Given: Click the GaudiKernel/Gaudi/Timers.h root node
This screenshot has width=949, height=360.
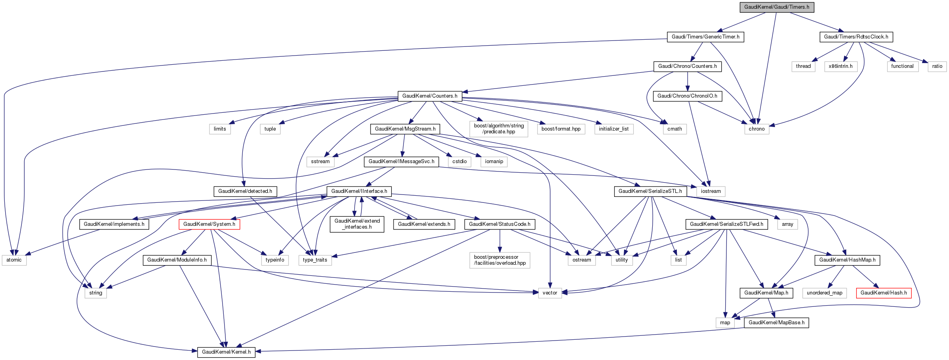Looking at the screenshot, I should (x=776, y=7).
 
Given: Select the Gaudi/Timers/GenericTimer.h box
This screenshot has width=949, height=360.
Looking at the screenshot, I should (x=705, y=37).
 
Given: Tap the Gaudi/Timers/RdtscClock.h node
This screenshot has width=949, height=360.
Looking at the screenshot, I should (x=856, y=37).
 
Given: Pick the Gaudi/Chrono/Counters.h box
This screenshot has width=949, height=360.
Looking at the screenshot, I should (x=687, y=66).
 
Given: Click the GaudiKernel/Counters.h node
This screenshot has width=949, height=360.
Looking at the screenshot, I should (x=430, y=96).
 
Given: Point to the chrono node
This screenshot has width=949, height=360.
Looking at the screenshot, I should (x=756, y=129).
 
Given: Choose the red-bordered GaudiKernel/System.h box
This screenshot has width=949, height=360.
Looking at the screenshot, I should (x=209, y=224).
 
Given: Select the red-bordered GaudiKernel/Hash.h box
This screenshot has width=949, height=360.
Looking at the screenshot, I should (x=884, y=293).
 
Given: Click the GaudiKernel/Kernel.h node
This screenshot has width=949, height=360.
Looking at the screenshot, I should (x=226, y=352).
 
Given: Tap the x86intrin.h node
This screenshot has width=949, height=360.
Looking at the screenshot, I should (x=840, y=66).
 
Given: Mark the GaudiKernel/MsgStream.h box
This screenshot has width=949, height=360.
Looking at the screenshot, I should (x=405, y=129).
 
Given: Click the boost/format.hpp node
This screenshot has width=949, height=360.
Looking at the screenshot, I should (x=561, y=129).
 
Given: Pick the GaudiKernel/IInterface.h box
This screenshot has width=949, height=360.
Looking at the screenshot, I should (x=359, y=191).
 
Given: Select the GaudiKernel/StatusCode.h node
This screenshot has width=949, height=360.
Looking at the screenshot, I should (x=499, y=224).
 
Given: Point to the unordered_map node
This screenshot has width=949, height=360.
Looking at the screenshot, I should (x=824, y=293).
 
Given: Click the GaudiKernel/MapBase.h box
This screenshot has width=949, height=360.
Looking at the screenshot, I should (x=776, y=323).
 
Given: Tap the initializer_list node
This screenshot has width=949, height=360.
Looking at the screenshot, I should (x=613, y=129).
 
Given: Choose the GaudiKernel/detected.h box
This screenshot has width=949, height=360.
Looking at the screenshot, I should (x=245, y=191).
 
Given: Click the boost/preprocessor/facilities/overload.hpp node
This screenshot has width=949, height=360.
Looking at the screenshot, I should (x=499, y=260).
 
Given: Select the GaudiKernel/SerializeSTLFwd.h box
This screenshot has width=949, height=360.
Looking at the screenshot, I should (x=726, y=224).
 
